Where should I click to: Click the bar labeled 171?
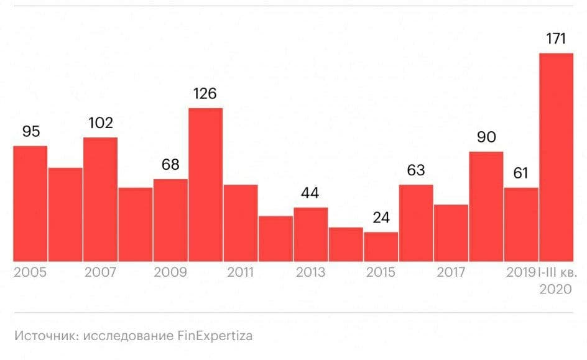[556, 157]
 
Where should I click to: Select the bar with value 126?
[206, 184]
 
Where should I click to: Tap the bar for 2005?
[30, 203]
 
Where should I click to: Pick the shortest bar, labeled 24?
[381, 246]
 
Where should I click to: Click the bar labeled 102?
[100, 199]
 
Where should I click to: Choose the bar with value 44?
[311, 234]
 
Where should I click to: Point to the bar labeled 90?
[486, 206]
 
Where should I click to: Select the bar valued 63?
[416, 223]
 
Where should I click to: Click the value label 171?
[555, 39]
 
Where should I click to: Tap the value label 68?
[170, 165]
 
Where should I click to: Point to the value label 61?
[520, 173]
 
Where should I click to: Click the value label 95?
[30, 131]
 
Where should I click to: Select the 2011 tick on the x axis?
[240, 272]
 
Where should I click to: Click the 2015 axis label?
[380, 272]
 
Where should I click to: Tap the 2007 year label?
[100, 272]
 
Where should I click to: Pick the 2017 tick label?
[450, 272]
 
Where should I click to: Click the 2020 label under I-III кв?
[555, 289]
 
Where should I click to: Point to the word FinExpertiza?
[215, 336]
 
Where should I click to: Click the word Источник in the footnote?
[40, 336]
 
